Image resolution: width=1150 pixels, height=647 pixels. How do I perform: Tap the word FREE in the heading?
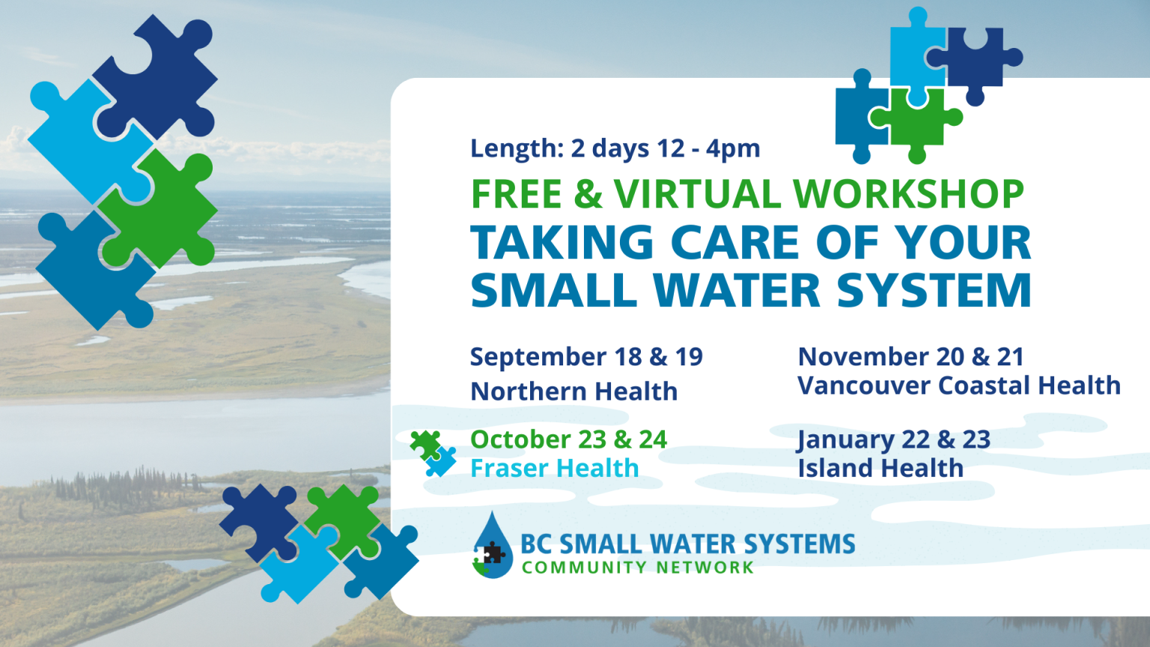tap(516, 195)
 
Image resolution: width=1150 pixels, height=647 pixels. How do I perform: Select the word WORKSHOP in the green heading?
tap(908, 195)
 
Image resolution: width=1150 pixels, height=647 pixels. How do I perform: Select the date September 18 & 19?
tap(586, 356)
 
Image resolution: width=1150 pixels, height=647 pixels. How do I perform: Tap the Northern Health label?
tap(574, 391)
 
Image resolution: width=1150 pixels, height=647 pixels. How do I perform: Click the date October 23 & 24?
tap(568, 439)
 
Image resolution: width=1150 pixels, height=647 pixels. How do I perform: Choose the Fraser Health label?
tap(554, 468)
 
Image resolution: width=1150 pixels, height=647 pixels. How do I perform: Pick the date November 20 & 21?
tap(910, 356)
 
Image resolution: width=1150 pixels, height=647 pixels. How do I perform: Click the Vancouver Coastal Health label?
tap(958, 386)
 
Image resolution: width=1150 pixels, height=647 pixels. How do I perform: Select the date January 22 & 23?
tap(894, 439)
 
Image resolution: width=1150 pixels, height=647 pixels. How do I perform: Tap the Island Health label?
tap(880, 468)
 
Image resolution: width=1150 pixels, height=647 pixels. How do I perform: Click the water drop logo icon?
tap(492, 546)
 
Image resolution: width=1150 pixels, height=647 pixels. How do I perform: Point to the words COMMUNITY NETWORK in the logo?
tap(637, 568)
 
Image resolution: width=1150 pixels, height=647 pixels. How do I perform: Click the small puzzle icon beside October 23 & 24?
tap(433, 454)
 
